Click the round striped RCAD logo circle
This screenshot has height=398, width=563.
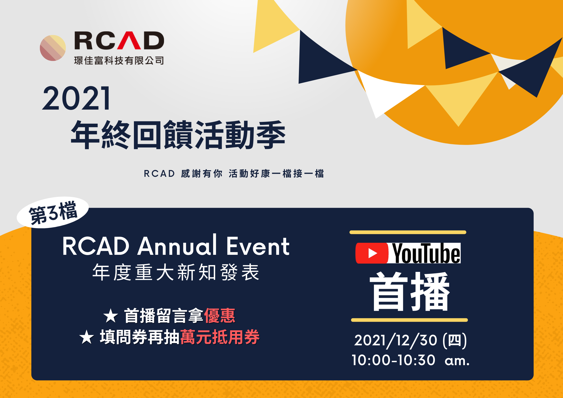tap(53, 48)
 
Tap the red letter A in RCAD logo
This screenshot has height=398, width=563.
tap(129, 41)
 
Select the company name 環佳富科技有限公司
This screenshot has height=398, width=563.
tap(119, 61)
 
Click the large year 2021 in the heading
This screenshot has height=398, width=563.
tap(76, 98)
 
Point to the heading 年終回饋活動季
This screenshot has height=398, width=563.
tap(178, 135)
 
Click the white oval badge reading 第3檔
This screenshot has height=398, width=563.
tap(53, 212)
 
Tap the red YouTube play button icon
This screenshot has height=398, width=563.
tap(372, 253)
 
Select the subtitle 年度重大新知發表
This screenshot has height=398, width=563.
tap(176, 272)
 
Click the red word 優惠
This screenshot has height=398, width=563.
tap(220, 315)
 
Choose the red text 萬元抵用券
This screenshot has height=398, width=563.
tap(220, 337)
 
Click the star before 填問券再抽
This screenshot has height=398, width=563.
tap(87, 337)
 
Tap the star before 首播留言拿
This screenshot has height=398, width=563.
tap(111, 316)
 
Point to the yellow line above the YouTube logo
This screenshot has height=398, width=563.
tap(408, 232)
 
